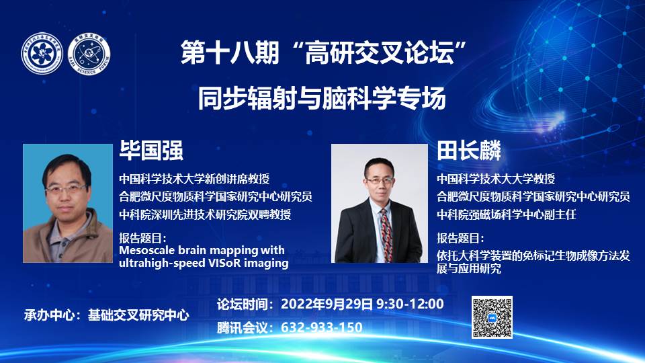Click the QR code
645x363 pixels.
point(492,317)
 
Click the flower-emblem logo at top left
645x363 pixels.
point(42,54)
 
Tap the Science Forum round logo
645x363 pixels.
point(89,54)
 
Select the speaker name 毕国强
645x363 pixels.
point(151,150)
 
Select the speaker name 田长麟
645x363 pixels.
point(469,150)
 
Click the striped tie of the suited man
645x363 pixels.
point(386,235)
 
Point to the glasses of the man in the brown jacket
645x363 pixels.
point(66,190)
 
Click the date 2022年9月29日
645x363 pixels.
point(327,304)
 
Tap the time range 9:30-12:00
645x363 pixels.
point(410,304)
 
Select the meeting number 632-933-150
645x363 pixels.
point(322,327)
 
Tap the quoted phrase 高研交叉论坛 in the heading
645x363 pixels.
point(379,53)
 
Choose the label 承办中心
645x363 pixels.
point(50,315)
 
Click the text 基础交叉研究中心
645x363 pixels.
point(138,315)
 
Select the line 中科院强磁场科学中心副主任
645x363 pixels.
point(507,214)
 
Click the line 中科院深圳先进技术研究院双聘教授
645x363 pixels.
point(205,214)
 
